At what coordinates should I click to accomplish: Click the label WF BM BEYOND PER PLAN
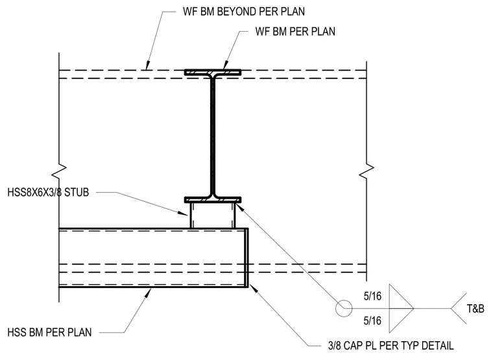pyautogui.click(x=244, y=12)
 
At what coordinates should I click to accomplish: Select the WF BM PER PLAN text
pyautogui.click(x=295, y=31)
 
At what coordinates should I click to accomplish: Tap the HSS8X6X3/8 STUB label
pyautogui.click(x=48, y=192)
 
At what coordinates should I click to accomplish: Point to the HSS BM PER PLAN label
pyautogui.click(x=49, y=332)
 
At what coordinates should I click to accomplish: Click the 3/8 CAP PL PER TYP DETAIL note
pyautogui.click(x=391, y=346)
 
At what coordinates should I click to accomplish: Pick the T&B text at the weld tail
pyautogui.click(x=475, y=309)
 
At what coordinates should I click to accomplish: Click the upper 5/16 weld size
pyautogui.click(x=372, y=296)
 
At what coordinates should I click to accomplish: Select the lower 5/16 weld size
pyautogui.click(x=372, y=320)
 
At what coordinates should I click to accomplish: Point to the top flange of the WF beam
pyautogui.click(x=213, y=72)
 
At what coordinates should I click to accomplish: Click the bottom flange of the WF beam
pyautogui.click(x=213, y=200)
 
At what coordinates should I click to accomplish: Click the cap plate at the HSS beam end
pyautogui.click(x=246, y=258)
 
